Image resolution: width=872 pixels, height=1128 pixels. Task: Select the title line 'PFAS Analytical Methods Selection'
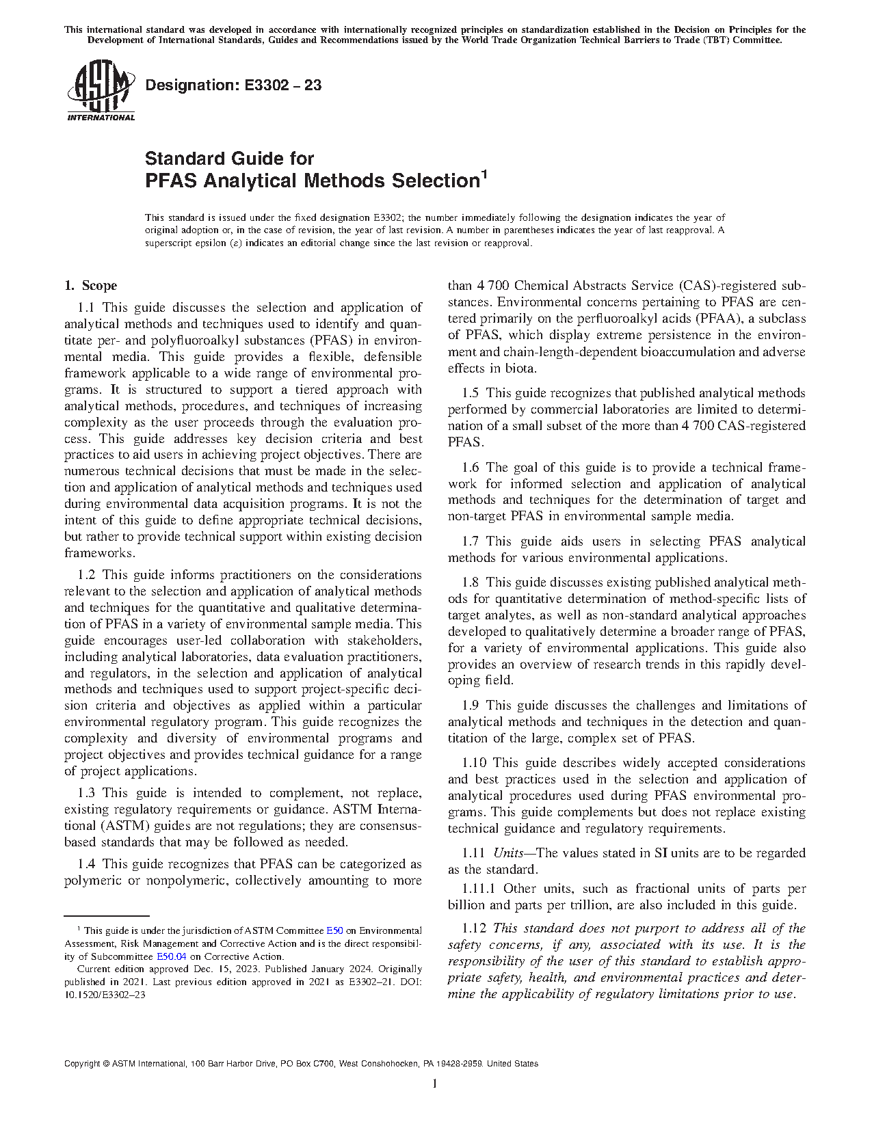tap(311, 181)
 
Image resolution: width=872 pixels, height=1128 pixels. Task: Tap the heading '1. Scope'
tap(90, 286)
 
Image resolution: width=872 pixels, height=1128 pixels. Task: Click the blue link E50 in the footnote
tap(334, 930)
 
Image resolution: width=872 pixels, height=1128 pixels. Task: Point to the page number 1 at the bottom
tap(435, 1084)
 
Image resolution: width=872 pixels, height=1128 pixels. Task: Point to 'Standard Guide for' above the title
tap(229, 159)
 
